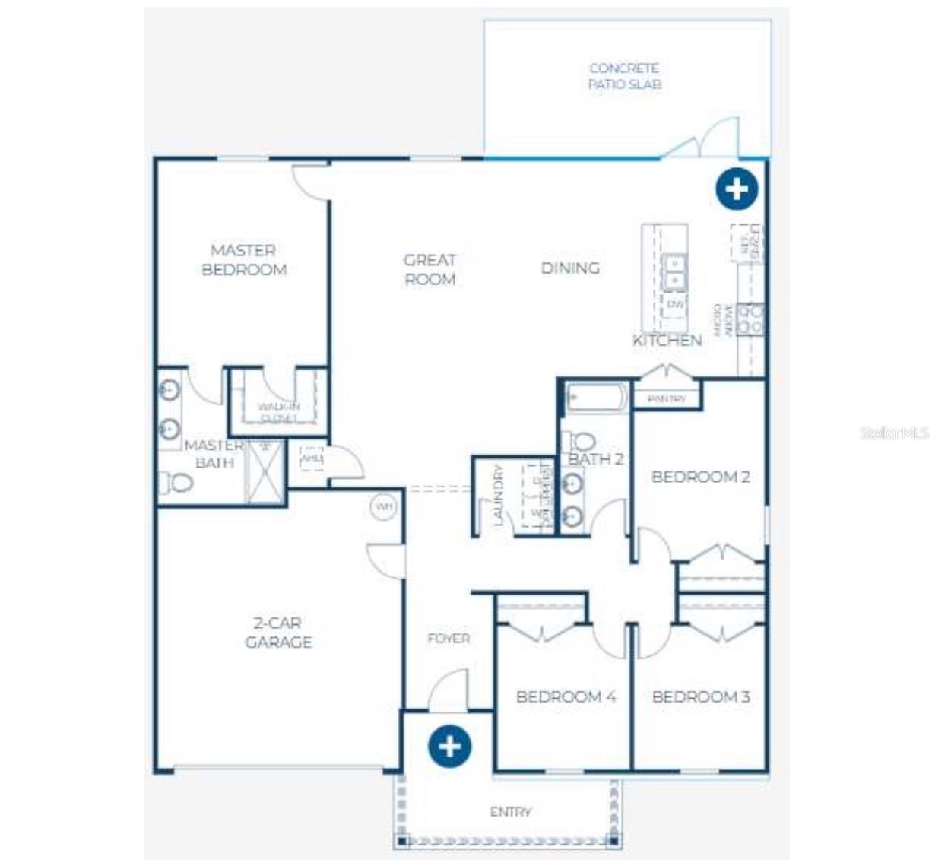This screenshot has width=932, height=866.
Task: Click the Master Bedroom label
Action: click(244, 260)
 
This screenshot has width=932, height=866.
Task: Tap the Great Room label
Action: click(430, 270)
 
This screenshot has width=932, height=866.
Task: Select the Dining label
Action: click(570, 268)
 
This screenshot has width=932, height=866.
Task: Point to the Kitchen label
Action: click(667, 340)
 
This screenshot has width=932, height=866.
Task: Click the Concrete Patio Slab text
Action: click(624, 76)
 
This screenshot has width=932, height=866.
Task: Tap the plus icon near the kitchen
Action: click(737, 189)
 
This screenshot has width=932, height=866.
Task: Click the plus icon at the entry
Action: click(449, 746)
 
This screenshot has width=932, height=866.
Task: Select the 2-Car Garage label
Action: click(278, 633)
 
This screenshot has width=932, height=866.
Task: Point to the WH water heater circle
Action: click(383, 506)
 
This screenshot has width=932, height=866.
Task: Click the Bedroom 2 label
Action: click(700, 477)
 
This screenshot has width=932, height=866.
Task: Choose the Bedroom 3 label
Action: click(700, 696)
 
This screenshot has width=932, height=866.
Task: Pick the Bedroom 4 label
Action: click(565, 696)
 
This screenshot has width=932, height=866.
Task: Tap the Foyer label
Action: click(449, 639)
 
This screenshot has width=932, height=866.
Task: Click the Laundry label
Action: click(499, 496)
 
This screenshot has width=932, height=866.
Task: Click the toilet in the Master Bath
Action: click(176, 482)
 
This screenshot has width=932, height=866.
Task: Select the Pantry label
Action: click(667, 398)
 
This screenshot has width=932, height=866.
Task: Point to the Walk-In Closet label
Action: click(278, 412)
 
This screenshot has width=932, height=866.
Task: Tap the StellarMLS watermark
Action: click(894, 433)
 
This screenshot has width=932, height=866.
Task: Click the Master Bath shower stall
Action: click(265, 471)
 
